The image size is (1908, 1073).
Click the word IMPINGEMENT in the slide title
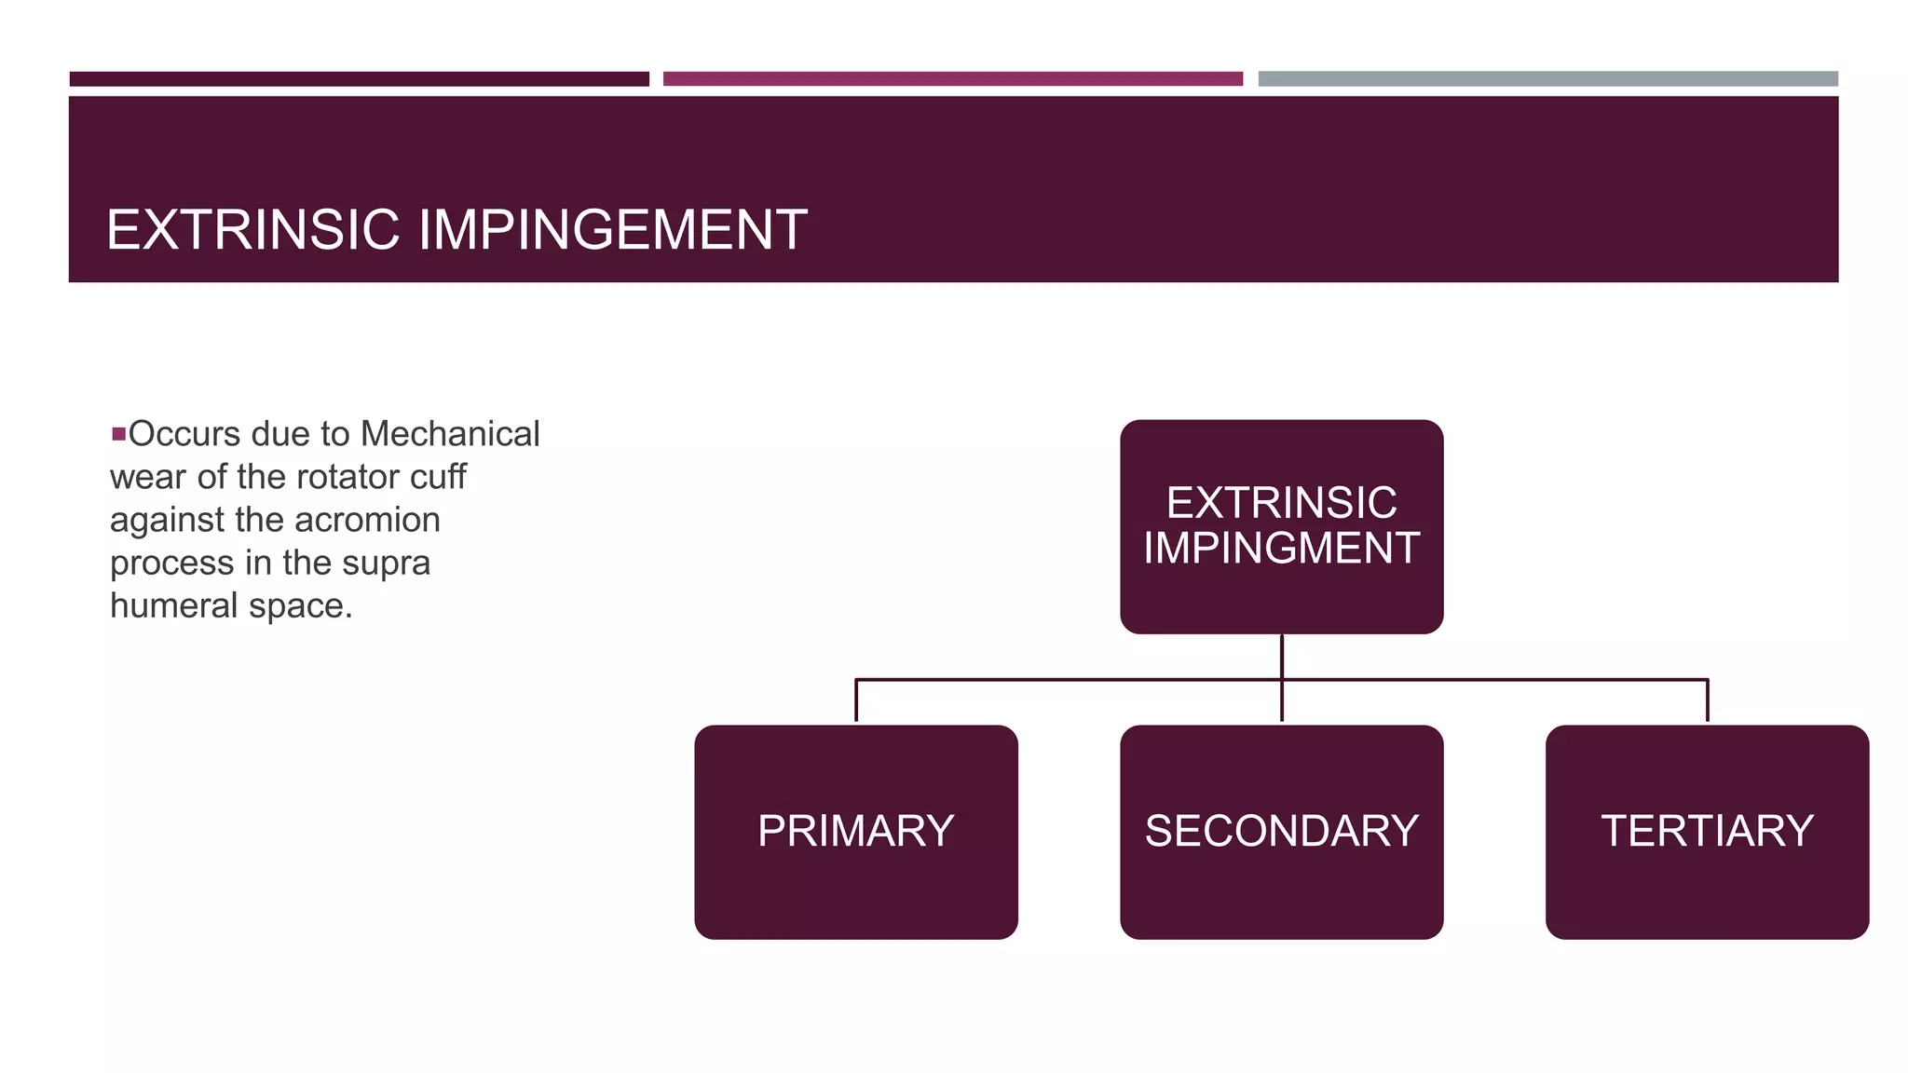(x=613, y=230)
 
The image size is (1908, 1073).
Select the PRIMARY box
(x=855, y=832)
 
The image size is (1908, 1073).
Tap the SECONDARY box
(x=1281, y=832)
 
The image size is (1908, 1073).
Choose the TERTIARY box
(x=1707, y=832)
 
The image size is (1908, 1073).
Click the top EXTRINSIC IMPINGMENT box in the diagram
(x=1281, y=526)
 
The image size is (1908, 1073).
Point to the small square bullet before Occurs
(x=118, y=434)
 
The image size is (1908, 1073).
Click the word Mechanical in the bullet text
(x=450, y=434)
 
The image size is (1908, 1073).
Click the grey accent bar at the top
(x=1547, y=79)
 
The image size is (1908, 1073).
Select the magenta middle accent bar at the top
(x=952, y=79)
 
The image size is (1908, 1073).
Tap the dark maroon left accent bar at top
(x=359, y=79)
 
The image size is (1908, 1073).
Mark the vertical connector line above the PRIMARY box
(x=856, y=700)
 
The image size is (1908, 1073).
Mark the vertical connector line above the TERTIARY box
(x=1707, y=700)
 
